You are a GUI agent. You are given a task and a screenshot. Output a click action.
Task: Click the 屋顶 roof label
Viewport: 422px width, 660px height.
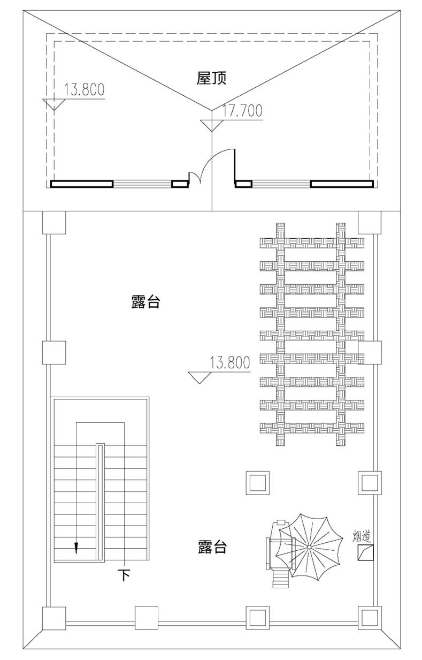[212, 79]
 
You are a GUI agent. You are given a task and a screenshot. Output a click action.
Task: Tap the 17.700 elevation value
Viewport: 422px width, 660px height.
[242, 111]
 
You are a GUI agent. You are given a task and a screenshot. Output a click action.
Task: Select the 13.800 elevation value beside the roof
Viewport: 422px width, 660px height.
[84, 90]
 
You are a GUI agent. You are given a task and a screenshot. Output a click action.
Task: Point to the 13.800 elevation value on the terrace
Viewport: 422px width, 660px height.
[230, 363]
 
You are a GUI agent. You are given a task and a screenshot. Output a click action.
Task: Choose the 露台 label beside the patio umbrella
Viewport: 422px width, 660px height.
[212, 547]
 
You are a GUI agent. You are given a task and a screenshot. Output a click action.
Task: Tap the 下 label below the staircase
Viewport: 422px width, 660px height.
[124, 575]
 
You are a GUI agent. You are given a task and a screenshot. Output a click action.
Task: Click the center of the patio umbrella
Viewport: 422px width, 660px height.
[310, 547]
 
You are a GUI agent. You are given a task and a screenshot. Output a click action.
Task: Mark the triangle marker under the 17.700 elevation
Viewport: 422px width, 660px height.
[212, 125]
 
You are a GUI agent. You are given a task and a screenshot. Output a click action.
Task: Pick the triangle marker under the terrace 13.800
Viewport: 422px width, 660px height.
[200, 377]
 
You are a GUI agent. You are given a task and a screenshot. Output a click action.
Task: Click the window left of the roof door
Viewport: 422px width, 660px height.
[142, 184]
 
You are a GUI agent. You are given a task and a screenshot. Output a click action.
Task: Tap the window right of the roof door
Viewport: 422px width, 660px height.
[281, 184]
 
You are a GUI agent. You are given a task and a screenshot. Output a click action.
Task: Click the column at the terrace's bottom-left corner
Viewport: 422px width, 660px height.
[54, 618]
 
